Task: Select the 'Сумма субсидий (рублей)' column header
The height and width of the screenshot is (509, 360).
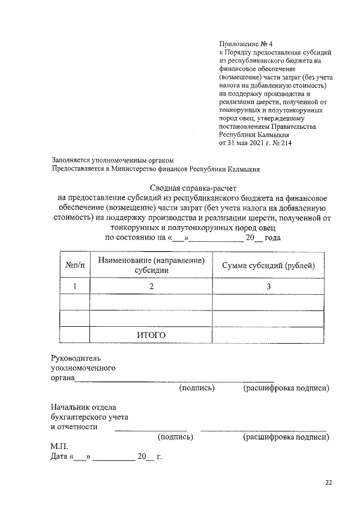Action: point(268,265)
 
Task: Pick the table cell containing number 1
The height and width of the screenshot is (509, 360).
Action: point(75,286)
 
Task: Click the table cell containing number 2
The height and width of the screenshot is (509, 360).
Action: point(151,286)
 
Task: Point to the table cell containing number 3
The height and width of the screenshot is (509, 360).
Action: point(268,286)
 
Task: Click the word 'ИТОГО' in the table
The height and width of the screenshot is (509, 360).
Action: point(151,335)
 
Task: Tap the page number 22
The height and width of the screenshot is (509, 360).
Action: point(329,482)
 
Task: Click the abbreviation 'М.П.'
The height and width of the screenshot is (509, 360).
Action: point(59,447)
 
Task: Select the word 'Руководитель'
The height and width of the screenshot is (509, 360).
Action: point(76,358)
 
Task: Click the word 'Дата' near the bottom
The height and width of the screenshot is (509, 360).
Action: point(60,457)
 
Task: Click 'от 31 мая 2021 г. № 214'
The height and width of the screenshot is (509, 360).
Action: point(255,143)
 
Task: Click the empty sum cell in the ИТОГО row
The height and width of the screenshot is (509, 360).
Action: point(268,335)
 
